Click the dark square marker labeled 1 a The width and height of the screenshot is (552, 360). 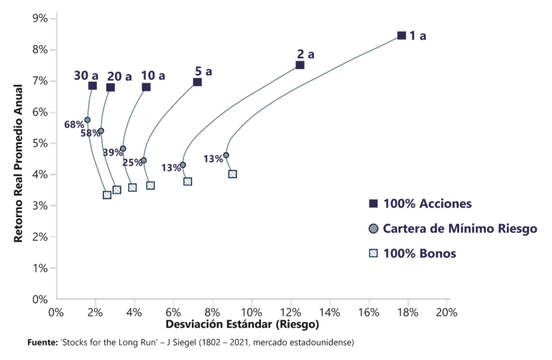402,35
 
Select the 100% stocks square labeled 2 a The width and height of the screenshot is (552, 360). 300,65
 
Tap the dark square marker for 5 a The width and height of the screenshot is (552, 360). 197,82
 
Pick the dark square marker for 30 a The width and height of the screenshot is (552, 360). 92,86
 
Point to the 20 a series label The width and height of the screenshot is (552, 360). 119,76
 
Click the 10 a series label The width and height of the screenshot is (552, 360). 153,75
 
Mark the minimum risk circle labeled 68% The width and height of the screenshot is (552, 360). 88,120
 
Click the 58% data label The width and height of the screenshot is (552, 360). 90,133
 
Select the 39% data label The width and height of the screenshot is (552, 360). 111,152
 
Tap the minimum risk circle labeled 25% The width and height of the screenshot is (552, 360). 144,160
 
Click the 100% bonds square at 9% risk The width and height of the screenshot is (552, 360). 232,174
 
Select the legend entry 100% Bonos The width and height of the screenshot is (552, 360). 420,253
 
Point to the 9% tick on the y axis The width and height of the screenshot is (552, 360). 40,18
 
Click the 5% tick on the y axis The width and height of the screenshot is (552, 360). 40,143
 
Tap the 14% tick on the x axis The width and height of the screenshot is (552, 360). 329,313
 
